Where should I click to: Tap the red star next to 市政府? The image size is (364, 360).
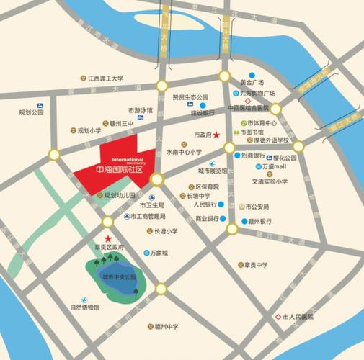point(216,135)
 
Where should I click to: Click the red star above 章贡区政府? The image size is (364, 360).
point(108,238)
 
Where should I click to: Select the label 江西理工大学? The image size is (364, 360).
point(105,78)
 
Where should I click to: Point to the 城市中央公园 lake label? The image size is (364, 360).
point(118,276)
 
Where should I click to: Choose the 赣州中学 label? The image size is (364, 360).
point(166,326)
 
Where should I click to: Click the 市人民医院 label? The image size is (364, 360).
point(298,317)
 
